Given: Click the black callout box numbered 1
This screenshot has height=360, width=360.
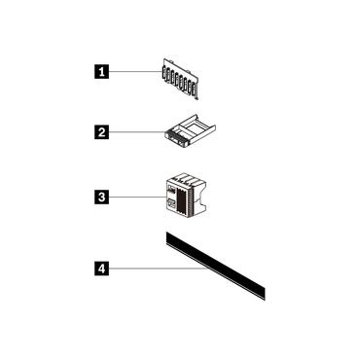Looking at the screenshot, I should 98,70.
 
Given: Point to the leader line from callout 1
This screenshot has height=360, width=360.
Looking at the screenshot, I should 131,70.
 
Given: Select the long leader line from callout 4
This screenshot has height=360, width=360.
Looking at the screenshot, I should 156,268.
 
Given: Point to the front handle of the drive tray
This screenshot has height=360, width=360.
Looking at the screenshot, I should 179,139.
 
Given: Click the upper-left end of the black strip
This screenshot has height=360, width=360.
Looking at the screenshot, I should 167,238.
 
